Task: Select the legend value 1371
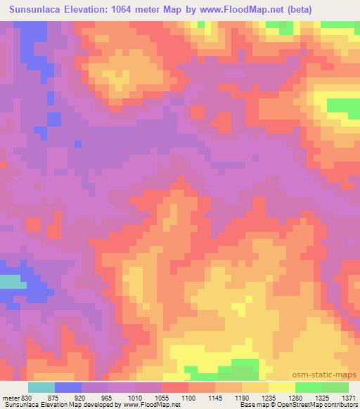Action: click(349, 397)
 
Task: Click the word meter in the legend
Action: click(9, 397)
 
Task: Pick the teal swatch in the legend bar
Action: click(41, 387)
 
